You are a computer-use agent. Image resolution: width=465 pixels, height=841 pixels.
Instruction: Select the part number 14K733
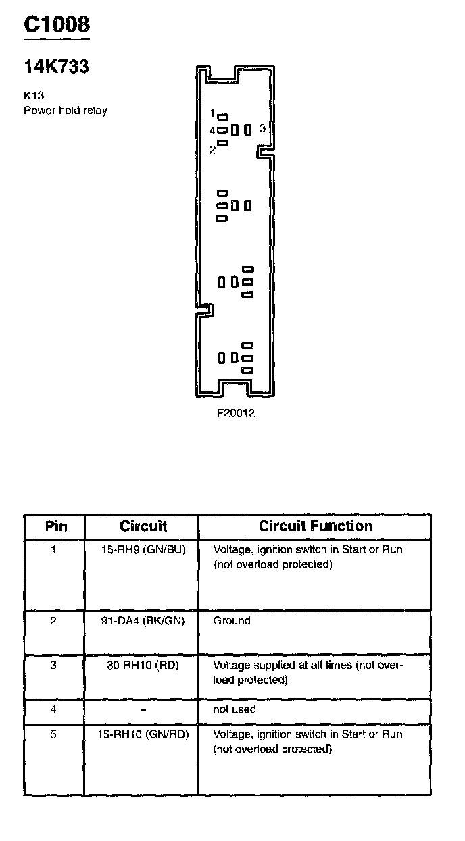[56, 67]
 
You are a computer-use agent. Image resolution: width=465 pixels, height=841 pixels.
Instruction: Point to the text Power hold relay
[66, 110]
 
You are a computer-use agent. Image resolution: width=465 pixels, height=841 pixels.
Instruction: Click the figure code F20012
[235, 413]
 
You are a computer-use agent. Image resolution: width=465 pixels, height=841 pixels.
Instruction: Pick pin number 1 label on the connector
[212, 113]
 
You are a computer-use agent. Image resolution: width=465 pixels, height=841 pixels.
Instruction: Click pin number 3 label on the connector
[262, 128]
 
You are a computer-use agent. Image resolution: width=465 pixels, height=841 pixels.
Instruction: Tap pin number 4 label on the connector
[212, 130]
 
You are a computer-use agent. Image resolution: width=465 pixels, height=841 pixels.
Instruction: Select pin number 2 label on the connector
[212, 150]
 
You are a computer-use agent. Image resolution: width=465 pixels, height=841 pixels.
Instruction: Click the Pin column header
[55, 526]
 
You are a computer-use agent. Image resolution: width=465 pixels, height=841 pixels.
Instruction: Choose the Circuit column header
[143, 526]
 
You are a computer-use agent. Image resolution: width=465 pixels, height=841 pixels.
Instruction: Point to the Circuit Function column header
[316, 526]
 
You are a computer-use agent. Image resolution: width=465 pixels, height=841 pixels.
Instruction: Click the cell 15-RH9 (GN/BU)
[143, 549]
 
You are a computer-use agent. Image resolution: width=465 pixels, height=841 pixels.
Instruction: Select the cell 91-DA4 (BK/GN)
[143, 620]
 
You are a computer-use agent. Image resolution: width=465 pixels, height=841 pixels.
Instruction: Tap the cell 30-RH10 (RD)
[143, 665]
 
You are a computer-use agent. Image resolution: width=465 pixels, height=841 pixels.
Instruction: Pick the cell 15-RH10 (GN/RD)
[143, 734]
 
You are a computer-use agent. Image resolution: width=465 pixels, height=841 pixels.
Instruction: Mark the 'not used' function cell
[235, 709]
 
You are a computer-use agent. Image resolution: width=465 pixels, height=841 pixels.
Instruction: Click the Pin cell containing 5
[54, 734]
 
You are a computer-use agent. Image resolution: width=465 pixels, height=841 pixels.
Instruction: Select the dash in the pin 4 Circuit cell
[143, 709]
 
